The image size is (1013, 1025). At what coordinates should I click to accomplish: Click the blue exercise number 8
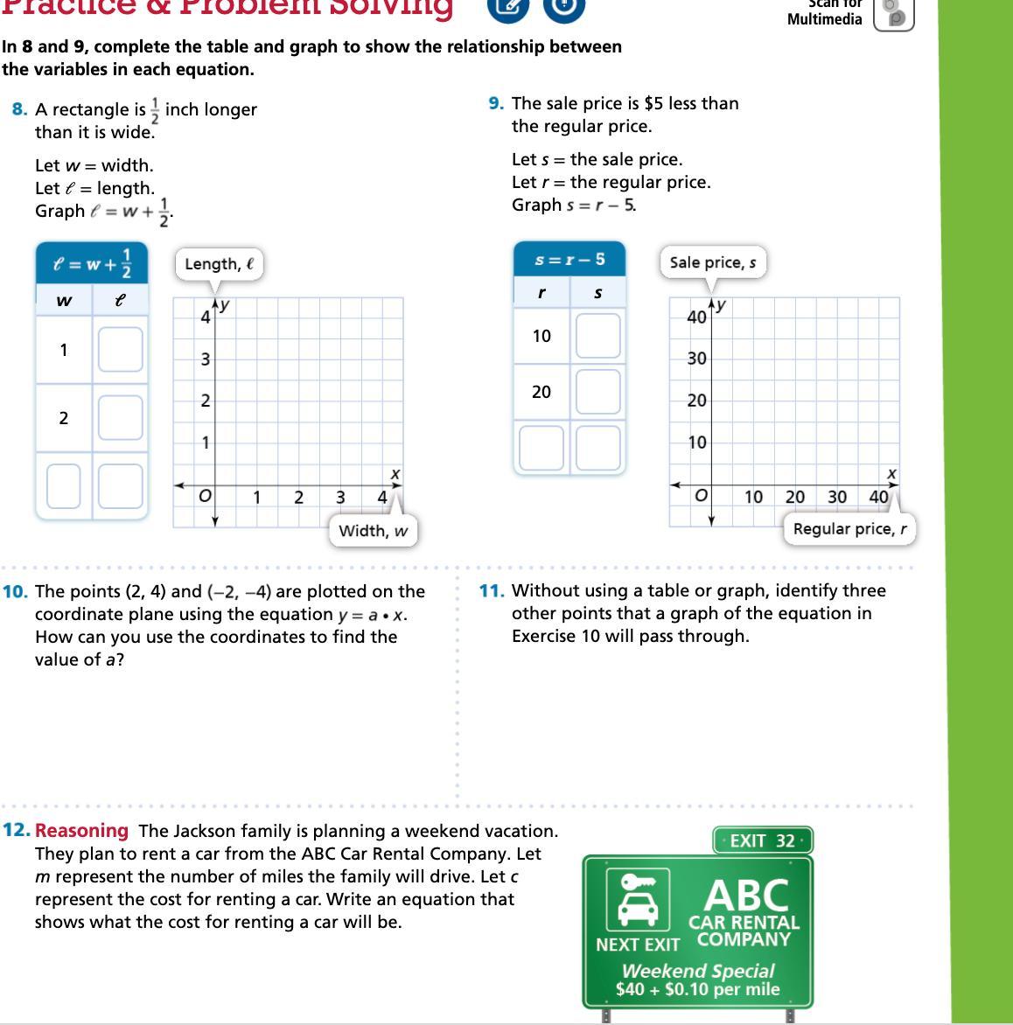tap(19, 109)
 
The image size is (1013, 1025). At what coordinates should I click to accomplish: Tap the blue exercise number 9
tap(496, 103)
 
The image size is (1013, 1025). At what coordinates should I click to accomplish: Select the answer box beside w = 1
tap(120, 349)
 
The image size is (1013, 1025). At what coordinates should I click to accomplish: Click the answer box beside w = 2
tap(120, 417)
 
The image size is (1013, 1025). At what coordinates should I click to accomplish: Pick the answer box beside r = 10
tap(597, 336)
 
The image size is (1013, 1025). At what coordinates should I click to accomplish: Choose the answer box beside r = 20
tap(597, 391)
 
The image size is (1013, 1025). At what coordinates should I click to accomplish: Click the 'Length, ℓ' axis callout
tap(219, 264)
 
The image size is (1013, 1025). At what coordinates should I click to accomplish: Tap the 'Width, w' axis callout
tap(373, 531)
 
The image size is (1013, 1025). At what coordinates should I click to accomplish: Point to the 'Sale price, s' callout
tap(712, 262)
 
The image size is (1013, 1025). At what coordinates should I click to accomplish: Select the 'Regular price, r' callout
tap(849, 529)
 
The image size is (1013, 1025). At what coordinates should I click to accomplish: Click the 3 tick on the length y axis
tap(205, 359)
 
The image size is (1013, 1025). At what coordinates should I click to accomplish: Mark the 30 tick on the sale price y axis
tap(696, 359)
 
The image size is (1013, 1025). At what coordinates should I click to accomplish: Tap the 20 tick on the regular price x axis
tap(795, 497)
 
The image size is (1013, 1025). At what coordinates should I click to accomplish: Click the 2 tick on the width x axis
tap(298, 498)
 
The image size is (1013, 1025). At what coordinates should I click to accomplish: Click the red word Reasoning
tap(81, 831)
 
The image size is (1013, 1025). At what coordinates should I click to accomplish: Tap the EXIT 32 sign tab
tap(762, 841)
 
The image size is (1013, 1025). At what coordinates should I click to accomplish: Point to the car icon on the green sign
tap(638, 900)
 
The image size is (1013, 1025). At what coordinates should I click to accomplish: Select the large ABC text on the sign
tap(746, 894)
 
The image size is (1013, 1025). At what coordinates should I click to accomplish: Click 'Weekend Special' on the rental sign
tap(697, 971)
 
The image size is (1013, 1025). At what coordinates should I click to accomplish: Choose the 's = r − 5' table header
tap(569, 259)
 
